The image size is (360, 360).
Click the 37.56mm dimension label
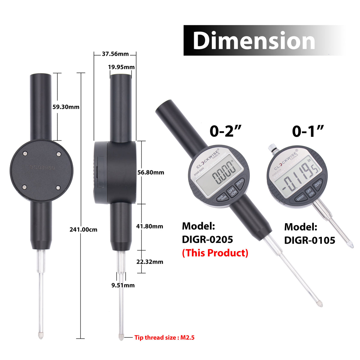[115, 54]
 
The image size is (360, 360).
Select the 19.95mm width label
[121, 67]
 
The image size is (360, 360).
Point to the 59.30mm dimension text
[66, 107]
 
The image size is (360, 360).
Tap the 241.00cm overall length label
[83, 229]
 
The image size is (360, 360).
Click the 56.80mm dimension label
[151, 172]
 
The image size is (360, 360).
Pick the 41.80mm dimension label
[150, 226]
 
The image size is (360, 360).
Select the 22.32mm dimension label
[150, 262]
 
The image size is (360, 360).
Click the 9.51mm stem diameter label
[123, 285]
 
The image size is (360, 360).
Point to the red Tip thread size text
[164, 337]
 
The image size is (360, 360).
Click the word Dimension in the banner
[254, 41]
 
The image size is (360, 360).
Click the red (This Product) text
[215, 253]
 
